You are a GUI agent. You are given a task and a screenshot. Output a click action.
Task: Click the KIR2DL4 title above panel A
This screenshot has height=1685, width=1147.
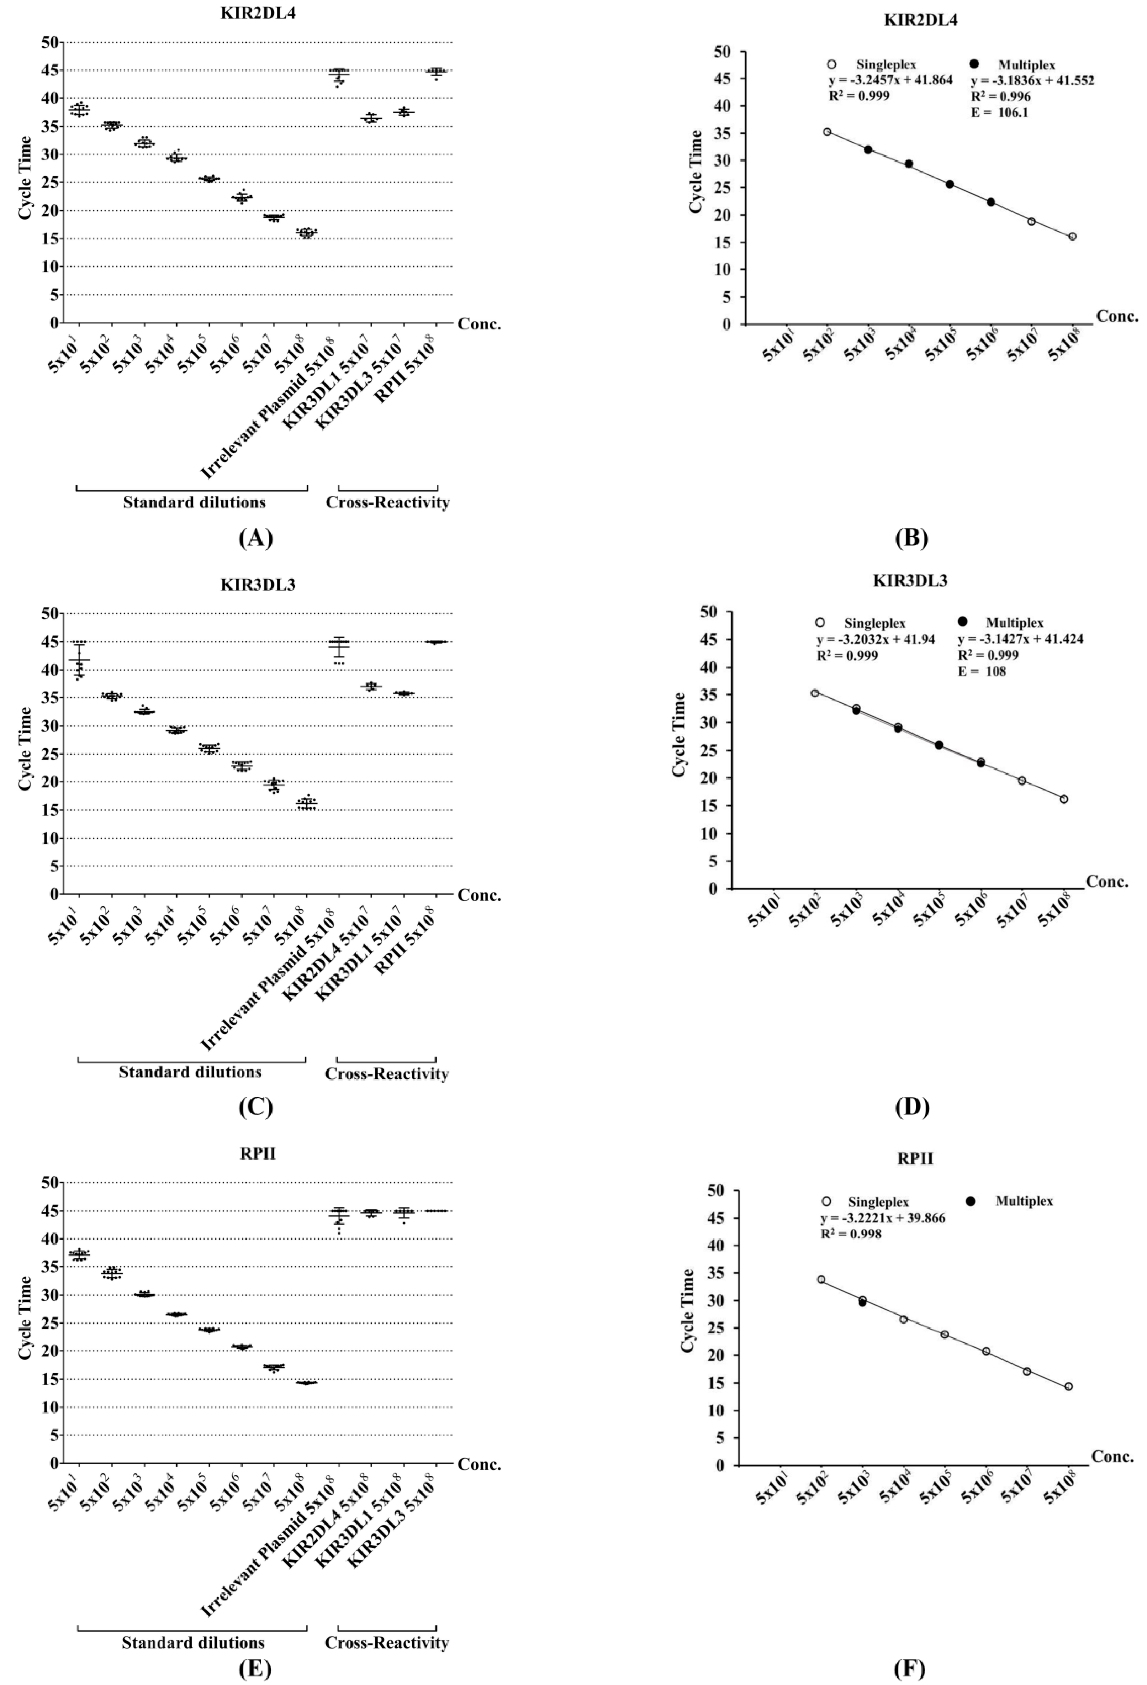click(258, 13)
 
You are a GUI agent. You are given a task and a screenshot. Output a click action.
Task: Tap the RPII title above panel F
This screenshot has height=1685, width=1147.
click(915, 1159)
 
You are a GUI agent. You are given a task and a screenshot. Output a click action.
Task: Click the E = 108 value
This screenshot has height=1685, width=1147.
click(982, 671)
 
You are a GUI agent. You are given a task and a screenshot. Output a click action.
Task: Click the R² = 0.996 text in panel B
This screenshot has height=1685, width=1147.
click(1000, 96)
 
